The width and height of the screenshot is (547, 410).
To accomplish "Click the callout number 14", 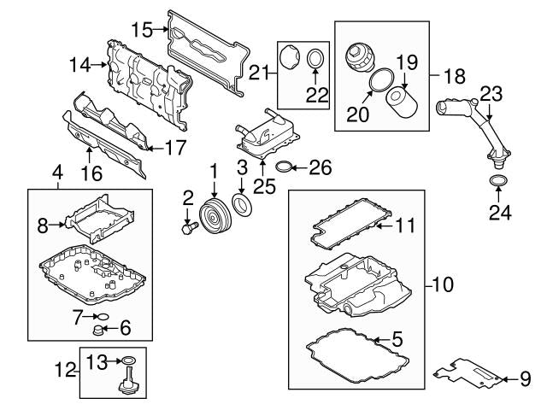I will point(79,63).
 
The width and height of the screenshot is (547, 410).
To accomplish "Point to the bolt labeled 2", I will point(189,228).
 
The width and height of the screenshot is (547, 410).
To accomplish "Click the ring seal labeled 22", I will point(316,59).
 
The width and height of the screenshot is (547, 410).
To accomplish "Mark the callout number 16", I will point(90,173).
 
